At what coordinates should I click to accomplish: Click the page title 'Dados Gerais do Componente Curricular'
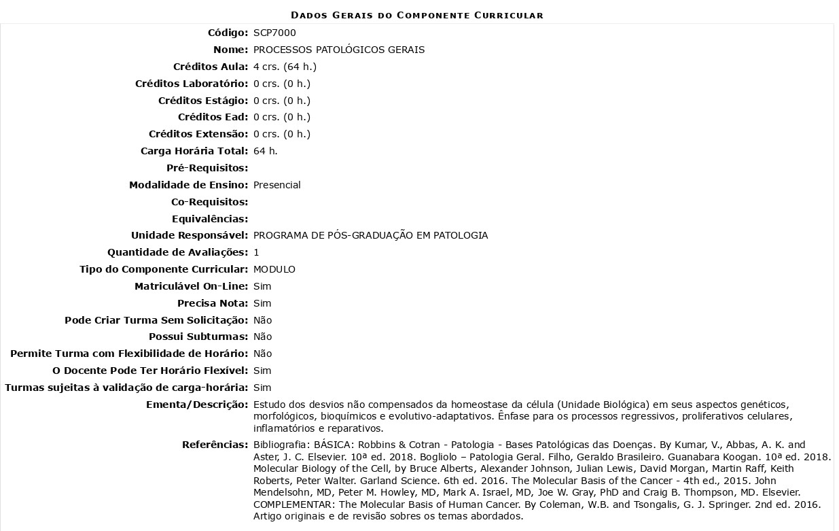point(417,15)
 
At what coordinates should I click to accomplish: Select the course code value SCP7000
point(274,33)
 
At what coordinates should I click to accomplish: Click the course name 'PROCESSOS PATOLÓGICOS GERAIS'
point(339,50)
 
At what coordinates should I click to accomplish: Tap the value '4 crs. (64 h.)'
point(285,67)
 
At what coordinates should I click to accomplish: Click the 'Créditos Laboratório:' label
point(192,84)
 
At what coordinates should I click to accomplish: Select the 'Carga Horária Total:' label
point(194,151)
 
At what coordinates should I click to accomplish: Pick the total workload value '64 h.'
point(266,151)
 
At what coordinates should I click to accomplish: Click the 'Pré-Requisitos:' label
point(207,168)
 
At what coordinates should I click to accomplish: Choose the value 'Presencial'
point(277,185)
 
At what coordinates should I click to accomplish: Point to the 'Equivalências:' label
point(210,219)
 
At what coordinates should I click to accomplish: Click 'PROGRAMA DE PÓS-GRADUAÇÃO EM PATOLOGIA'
point(370,235)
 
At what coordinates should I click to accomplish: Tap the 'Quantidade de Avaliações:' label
point(178,252)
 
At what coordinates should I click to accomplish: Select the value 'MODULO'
point(274,269)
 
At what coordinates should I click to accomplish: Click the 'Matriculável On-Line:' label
point(192,286)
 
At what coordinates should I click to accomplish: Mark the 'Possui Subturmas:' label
point(198,337)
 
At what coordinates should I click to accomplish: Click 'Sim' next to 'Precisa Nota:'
point(262,303)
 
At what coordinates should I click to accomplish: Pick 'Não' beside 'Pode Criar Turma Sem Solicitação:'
point(262,320)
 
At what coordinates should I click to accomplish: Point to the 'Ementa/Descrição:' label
point(197,405)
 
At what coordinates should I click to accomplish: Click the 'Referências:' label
point(215,445)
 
